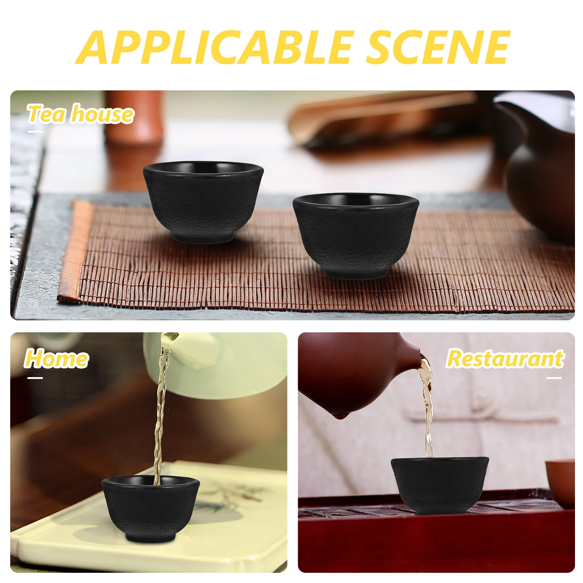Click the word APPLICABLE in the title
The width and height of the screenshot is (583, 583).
pos(215,47)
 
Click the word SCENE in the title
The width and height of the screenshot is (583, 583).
pos(438,47)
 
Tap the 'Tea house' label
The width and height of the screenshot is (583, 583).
pos(81,114)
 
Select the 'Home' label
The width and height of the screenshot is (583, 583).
pos(56,359)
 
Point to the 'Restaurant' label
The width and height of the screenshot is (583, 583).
pos(505,359)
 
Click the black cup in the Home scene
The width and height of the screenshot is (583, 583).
pos(150,509)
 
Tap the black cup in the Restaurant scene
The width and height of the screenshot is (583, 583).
pos(440,485)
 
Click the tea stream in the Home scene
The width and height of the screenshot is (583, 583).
pos(160,408)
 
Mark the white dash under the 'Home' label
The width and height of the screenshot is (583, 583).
pos(35,378)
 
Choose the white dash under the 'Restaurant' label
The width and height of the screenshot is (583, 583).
pos(554,378)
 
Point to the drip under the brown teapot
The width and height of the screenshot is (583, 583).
pos(340,415)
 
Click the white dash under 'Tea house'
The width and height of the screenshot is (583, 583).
pos(35,132)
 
